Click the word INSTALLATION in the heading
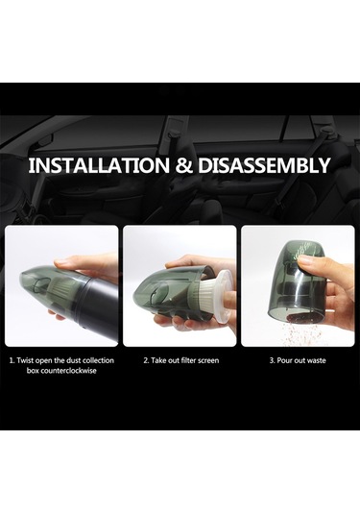pos(99,165)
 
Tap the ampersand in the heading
pos(183,166)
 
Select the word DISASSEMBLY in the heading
pos(264,165)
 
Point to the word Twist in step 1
pos(25,360)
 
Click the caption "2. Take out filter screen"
pos(181,360)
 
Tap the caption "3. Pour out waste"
pos(298,360)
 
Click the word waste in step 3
pos(317,360)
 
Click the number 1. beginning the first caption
pos(12,360)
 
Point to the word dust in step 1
pos(73,360)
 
